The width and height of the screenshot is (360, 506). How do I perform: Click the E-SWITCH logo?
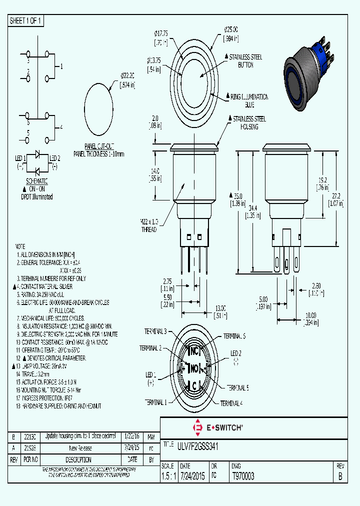coord(218,427)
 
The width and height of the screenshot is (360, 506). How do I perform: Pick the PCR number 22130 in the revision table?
coord(30,435)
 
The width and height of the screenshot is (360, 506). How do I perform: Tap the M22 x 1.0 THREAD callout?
coord(148,225)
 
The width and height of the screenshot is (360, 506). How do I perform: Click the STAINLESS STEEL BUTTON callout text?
coord(245,60)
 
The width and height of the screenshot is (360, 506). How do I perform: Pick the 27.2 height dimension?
coord(335,200)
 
